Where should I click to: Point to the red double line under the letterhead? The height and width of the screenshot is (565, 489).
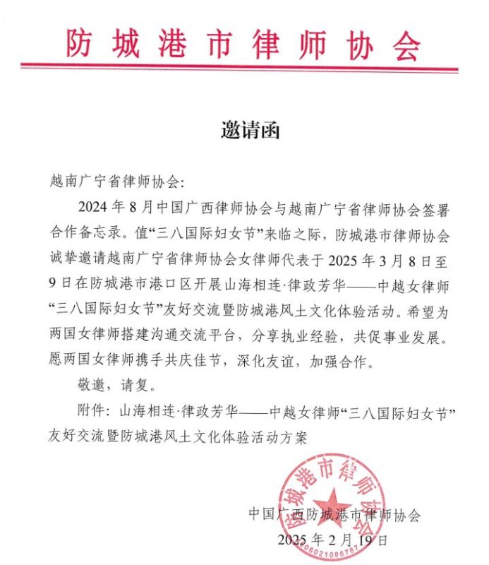point(240,68)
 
